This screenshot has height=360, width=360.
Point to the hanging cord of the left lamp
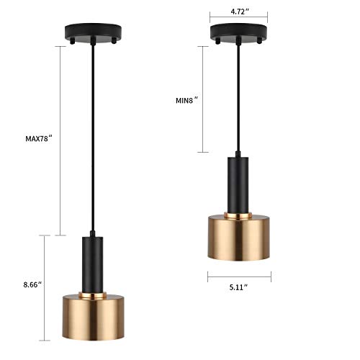coord(94,144)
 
